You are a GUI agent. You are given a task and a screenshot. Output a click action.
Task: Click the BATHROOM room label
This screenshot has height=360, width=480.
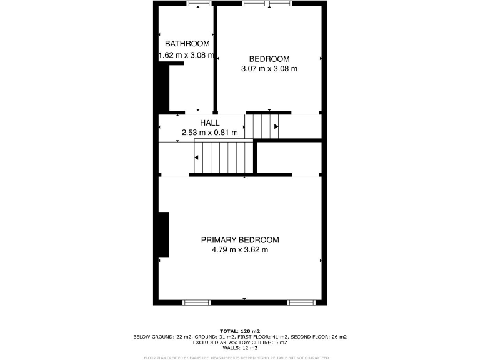click(187, 44)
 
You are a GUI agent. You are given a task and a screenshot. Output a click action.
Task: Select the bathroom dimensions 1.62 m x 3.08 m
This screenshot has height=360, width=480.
click(187, 55)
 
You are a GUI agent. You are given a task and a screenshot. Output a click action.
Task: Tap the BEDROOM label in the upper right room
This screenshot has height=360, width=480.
click(269, 59)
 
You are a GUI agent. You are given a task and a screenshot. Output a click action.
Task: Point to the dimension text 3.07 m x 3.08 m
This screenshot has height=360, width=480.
click(269, 69)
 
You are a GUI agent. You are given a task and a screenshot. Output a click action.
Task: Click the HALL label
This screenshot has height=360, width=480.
click(209, 123)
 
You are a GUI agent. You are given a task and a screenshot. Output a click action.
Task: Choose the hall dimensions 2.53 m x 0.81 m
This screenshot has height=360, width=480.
click(209, 132)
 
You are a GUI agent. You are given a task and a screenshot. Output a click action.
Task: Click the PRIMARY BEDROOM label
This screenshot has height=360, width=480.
click(240, 240)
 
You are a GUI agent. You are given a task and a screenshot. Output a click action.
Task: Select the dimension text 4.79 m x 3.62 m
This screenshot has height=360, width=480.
click(240, 250)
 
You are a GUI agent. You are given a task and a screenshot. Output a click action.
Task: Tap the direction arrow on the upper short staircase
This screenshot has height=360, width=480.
click(276, 126)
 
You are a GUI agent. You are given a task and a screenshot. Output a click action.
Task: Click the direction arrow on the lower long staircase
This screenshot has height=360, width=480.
click(197, 157)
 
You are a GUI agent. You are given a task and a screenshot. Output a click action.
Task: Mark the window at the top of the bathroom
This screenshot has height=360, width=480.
click(199, 4)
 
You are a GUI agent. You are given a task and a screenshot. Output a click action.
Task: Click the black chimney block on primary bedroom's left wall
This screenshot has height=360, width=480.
click(164, 235)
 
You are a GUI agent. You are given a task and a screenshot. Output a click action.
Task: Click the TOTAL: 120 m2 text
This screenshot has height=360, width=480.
click(240, 331)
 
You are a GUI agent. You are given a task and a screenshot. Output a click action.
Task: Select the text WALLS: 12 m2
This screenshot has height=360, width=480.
click(240, 347)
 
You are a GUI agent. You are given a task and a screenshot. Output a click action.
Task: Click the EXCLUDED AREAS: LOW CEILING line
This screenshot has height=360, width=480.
click(240, 342)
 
